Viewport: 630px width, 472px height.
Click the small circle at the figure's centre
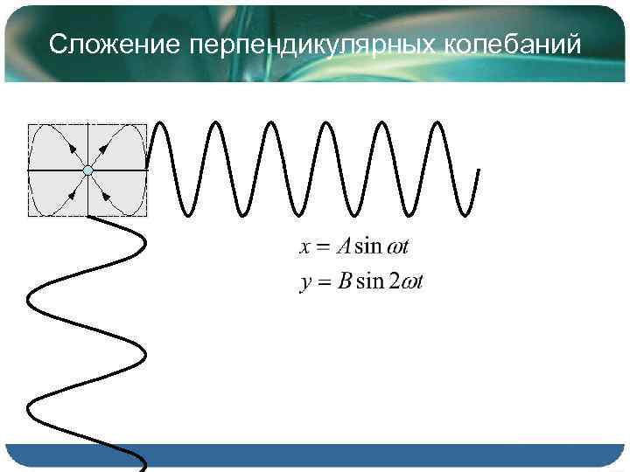[x=87, y=170]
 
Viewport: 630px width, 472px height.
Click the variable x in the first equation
[x=305, y=246]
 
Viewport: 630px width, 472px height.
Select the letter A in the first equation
[x=346, y=246]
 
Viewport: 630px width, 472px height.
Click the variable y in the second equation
[x=305, y=284]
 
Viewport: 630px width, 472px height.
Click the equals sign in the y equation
[x=325, y=283]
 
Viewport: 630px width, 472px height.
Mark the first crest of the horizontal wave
[x=161, y=123]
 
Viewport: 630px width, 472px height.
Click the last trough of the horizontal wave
[x=464, y=212]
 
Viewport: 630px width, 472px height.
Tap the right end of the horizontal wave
[x=479, y=170]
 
